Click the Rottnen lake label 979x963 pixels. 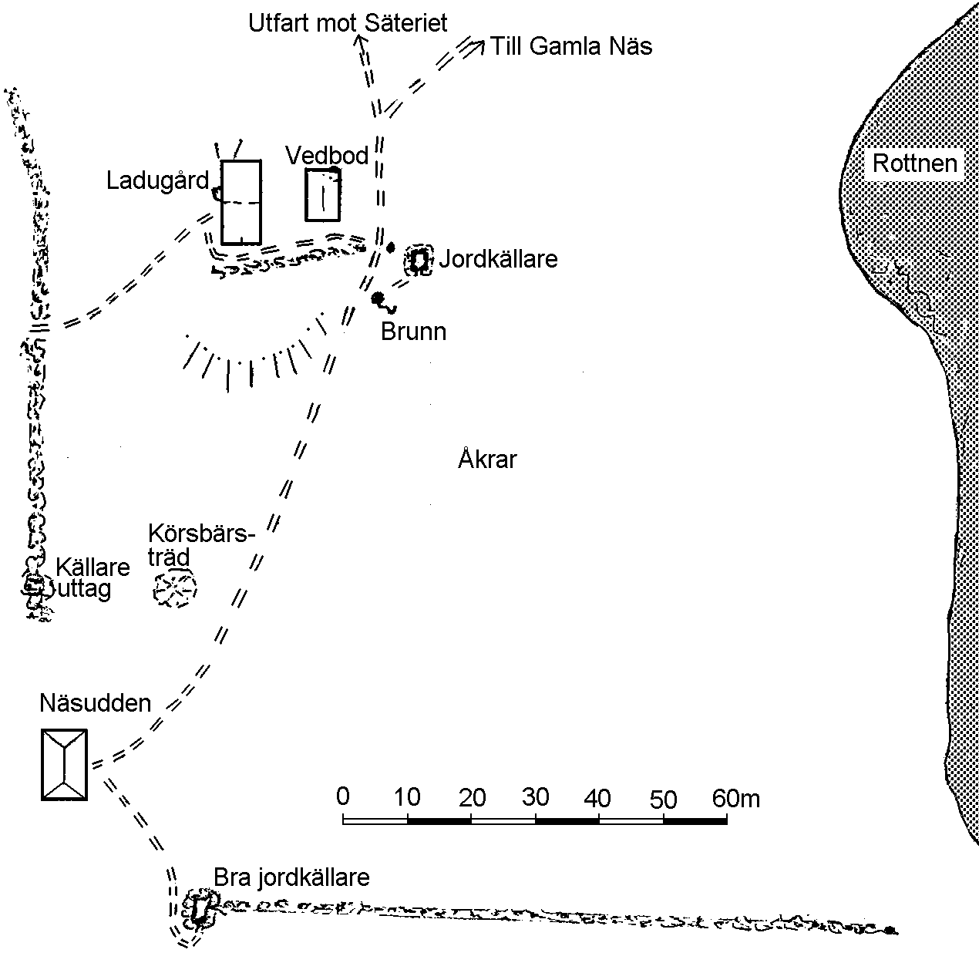click(x=914, y=163)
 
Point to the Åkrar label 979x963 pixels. click(x=487, y=459)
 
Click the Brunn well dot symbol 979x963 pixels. click(x=378, y=298)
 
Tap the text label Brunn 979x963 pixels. click(x=413, y=332)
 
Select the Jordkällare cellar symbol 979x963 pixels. click(x=419, y=261)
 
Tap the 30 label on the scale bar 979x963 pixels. click(x=536, y=796)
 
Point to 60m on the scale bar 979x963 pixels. click(x=736, y=798)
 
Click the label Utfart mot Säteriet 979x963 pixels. click(x=348, y=23)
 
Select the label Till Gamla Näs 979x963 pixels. click(x=571, y=46)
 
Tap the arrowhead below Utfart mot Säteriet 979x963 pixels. click(x=360, y=41)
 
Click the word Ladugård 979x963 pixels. click(x=157, y=181)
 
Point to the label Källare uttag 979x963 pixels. click(x=93, y=577)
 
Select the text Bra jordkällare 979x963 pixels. click(x=291, y=877)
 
